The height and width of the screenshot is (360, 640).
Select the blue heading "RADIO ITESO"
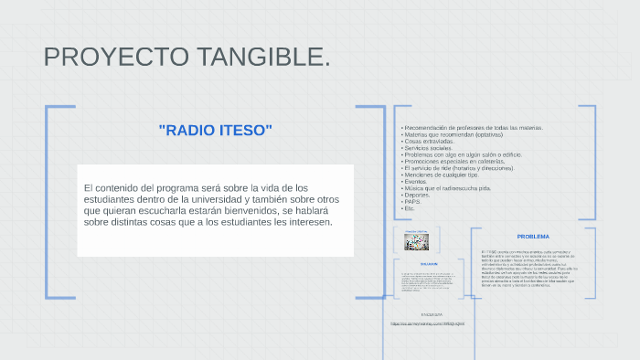pyautogui.click(x=216, y=130)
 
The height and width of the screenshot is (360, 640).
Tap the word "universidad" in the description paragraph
pyautogui.click(x=212, y=199)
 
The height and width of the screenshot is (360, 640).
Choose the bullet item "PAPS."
pyautogui.click(x=412, y=201)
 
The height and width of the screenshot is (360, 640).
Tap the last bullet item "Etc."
pyautogui.click(x=410, y=208)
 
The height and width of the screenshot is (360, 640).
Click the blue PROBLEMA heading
pyautogui.click(x=533, y=237)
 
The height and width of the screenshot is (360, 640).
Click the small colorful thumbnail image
pyautogui.click(x=417, y=242)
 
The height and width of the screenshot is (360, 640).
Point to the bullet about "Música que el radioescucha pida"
pyautogui.click(x=447, y=188)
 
